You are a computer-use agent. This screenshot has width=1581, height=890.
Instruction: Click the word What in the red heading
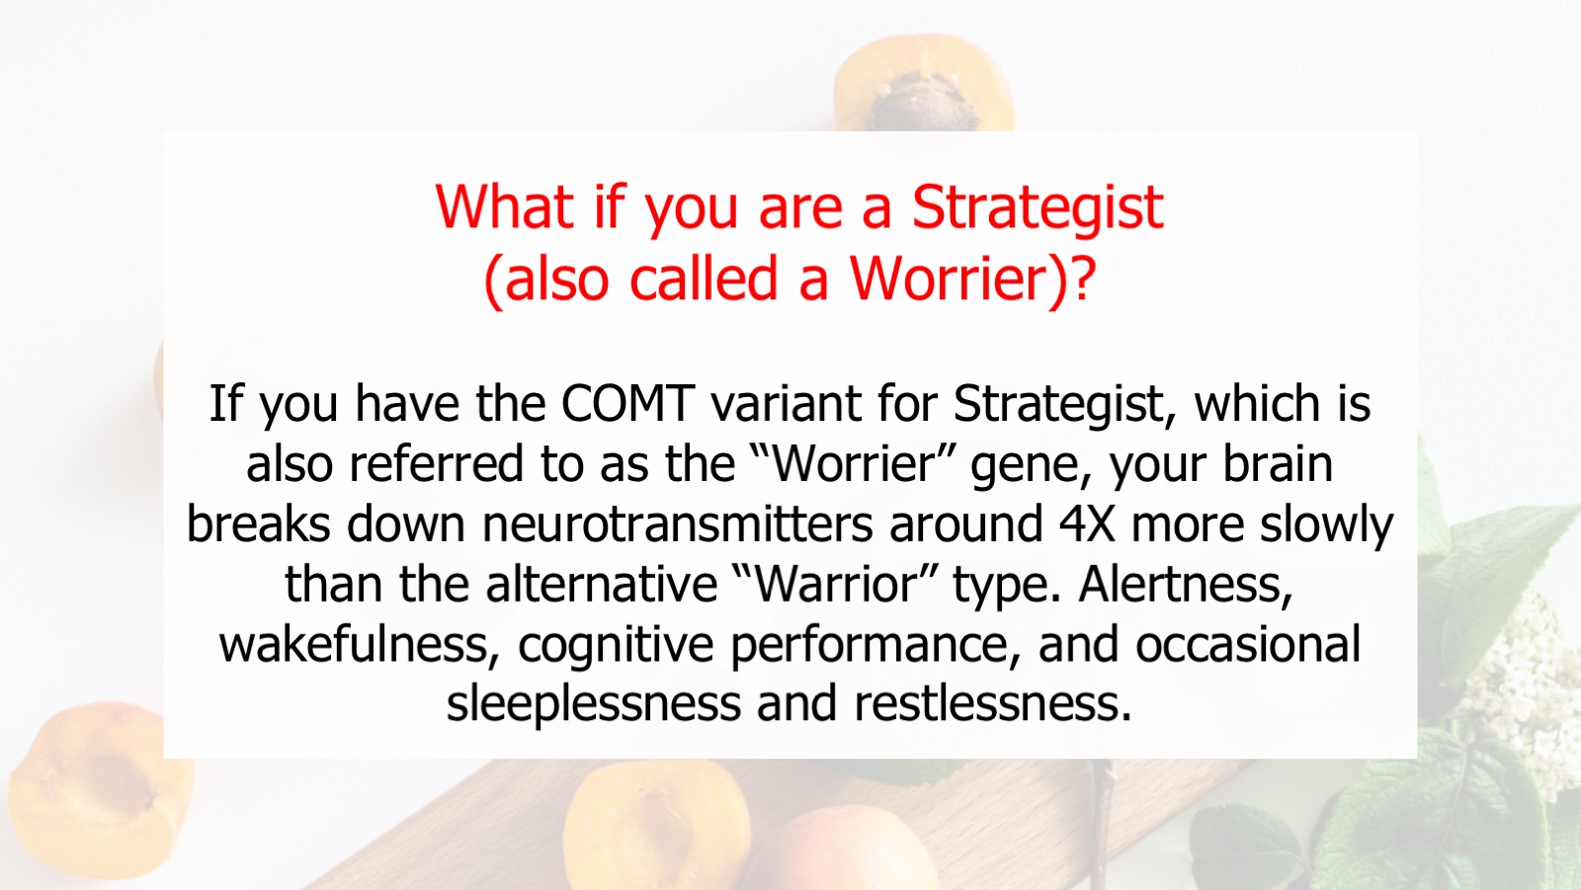(x=504, y=206)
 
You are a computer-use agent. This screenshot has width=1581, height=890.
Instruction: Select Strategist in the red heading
(x=1038, y=208)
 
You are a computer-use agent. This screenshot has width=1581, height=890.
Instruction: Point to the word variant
(x=786, y=403)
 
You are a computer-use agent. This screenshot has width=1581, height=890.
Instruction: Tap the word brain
(x=1278, y=463)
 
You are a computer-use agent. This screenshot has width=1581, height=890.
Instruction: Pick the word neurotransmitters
(x=678, y=524)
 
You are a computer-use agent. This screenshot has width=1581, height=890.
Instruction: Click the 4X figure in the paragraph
(x=1087, y=524)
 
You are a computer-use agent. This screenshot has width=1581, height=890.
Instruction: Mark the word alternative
(x=602, y=584)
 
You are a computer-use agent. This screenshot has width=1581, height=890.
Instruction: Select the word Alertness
(x=1186, y=585)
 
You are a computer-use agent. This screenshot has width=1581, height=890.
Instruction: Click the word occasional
(x=1248, y=644)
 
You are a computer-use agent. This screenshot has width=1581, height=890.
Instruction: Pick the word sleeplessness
(x=594, y=705)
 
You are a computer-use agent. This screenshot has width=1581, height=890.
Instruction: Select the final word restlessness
(x=993, y=704)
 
